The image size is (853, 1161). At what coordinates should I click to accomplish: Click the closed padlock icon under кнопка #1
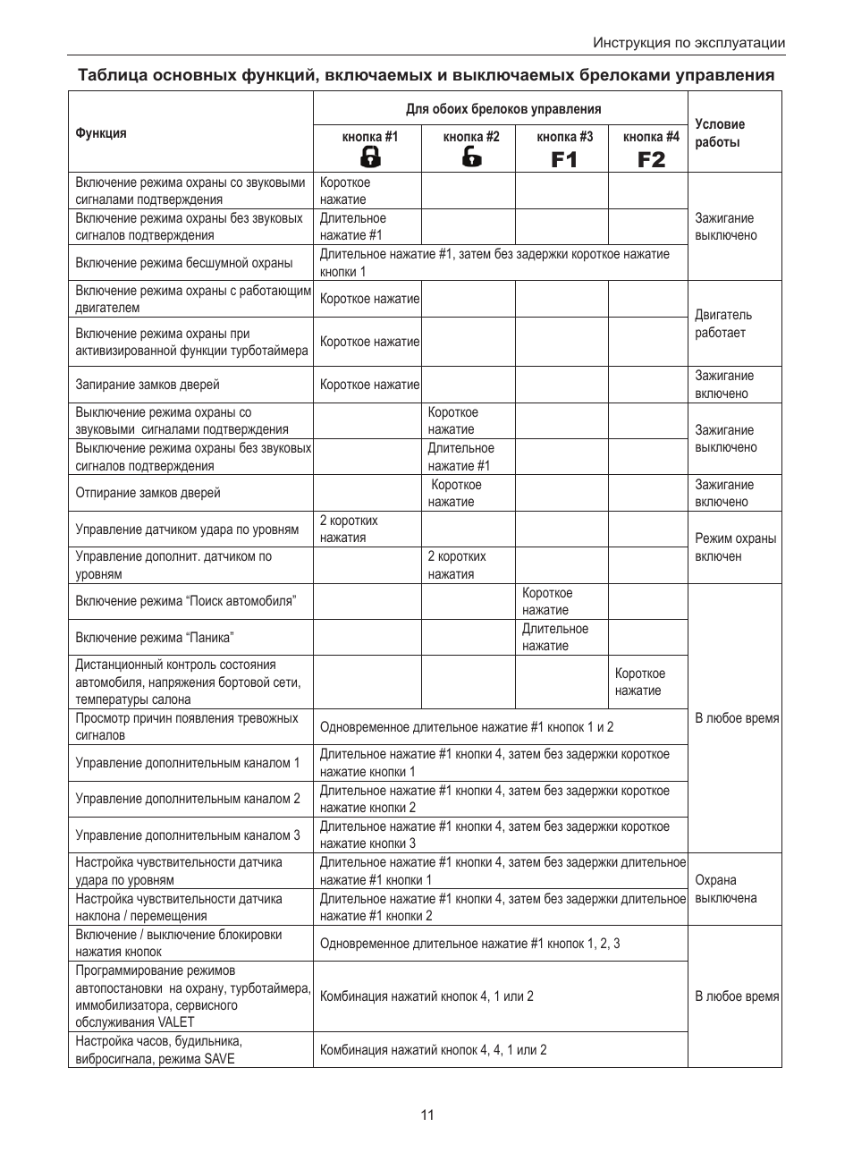point(370,157)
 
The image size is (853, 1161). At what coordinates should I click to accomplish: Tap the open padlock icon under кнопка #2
point(471,157)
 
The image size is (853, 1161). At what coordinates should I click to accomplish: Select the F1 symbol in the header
point(564,159)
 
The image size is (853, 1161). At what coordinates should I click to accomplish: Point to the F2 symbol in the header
point(651,159)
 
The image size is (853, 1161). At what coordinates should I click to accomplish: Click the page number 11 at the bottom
point(427,1114)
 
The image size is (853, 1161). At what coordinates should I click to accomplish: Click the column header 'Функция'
point(101,133)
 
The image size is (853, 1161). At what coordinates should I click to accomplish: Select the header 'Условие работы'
point(719,132)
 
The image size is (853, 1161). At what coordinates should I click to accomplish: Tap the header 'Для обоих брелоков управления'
point(503,109)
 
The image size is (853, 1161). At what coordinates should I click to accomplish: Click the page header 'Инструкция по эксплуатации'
point(688,43)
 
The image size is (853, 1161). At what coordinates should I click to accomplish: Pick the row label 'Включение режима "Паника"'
point(155,638)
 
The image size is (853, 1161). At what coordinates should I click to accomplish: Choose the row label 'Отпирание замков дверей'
point(148,493)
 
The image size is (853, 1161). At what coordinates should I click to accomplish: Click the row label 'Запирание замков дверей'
point(148,385)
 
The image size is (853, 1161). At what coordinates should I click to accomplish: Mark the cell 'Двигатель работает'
point(723,324)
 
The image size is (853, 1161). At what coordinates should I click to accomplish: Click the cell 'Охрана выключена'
point(725,889)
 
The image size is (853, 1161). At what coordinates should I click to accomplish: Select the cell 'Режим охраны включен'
point(735,547)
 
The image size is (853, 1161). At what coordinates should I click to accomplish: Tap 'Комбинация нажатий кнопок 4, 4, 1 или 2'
point(433,1050)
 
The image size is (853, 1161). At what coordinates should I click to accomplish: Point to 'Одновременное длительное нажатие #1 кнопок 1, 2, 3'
point(469,944)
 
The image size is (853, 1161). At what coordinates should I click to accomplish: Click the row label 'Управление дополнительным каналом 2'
point(188,799)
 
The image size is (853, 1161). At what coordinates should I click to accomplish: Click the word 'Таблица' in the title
point(113,75)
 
